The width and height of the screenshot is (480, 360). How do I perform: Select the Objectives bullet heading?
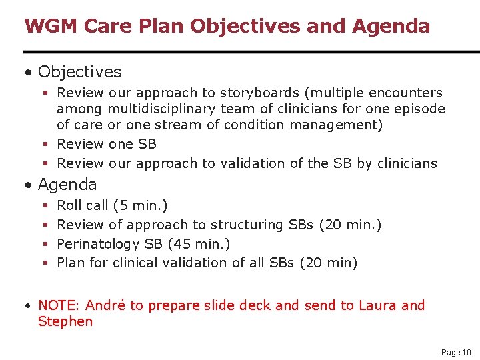tap(79, 71)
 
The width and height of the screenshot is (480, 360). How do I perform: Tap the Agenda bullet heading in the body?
tap(67, 184)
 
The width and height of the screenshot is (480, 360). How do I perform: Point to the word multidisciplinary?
tap(162, 109)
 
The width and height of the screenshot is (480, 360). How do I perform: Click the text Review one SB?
tap(107, 144)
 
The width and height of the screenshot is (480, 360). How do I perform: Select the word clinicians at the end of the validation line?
tap(406, 163)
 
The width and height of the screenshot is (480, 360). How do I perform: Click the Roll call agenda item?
tap(82, 206)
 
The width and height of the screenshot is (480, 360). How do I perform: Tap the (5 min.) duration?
tap(140, 206)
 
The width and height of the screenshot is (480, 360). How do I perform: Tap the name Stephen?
tap(65, 321)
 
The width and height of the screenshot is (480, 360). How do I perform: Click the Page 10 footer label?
tap(456, 352)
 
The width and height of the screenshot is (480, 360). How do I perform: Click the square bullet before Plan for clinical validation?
tap(43, 263)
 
